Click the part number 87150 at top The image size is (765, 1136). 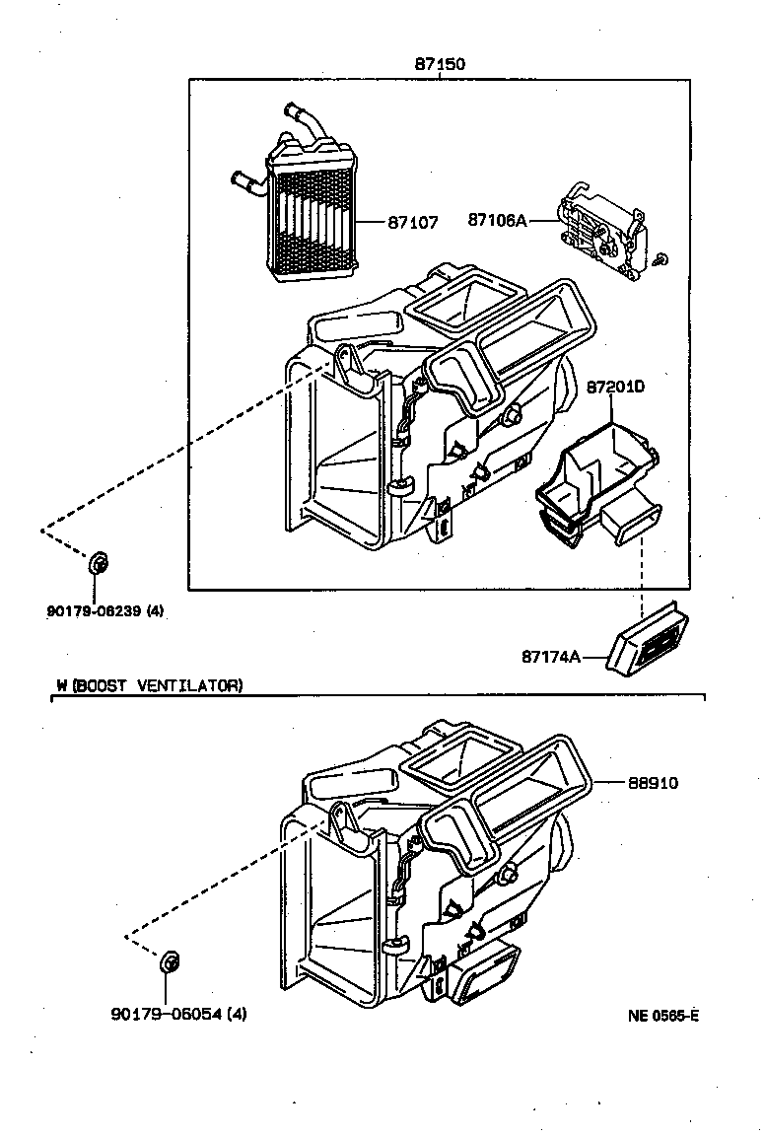click(x=439, y=64)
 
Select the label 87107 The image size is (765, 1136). click(x=412, y=223)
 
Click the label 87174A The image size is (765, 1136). click(x=551, y=656)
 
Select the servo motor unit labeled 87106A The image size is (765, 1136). click(x=601, y=234)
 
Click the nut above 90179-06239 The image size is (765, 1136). click(x=98, y=564)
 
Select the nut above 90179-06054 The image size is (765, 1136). click(x=170, y=960)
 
